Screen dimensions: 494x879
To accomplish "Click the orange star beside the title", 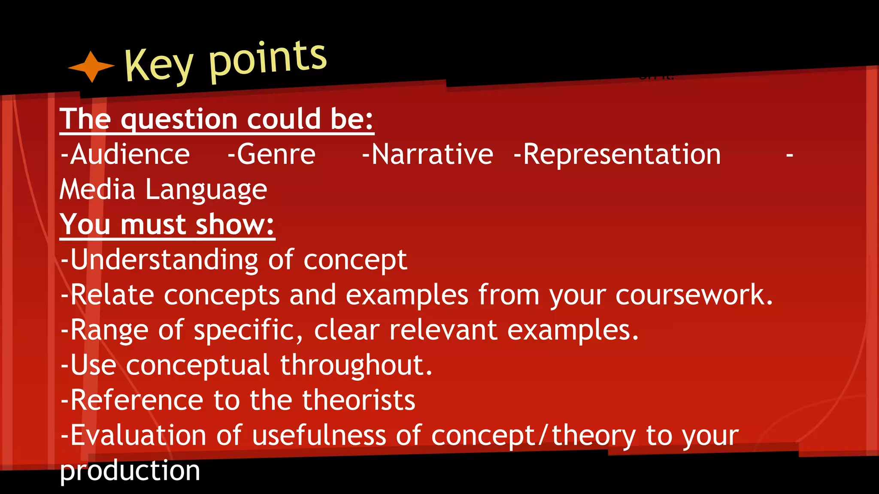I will (x=91, y=66).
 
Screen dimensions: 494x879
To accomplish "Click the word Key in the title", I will (x=159, y=65).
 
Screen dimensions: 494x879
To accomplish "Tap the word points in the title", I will (x=268, y=60).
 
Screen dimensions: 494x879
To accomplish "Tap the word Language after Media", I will (x=206, y=190).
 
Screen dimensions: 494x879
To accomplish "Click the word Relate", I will (x=112, y=295).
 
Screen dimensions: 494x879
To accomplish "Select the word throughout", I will (x=356, y=366).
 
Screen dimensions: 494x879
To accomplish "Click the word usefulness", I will (x=319, y=436).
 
